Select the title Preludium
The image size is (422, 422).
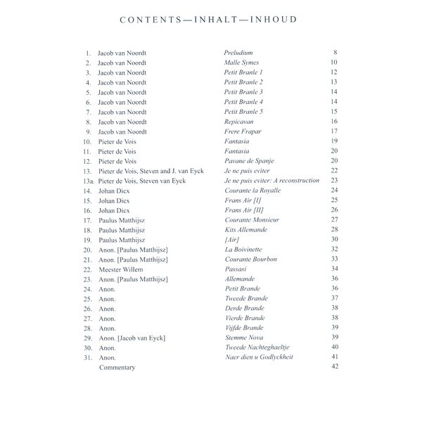pos(238,53)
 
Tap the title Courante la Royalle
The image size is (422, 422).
pos(252,190)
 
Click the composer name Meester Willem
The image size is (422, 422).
pos(120,269)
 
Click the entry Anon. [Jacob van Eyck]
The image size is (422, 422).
pos(132,338)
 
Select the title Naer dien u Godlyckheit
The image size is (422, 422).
pos(259,357)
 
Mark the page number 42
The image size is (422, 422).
pos(335,367)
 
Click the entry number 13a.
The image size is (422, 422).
pos(87,180)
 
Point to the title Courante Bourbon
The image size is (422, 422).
pos(250,259)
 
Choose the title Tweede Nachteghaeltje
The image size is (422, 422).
pos(257,347)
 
